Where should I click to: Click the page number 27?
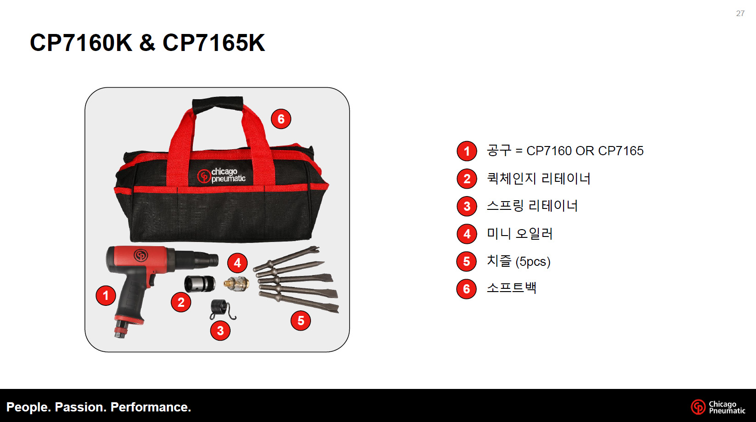click(740, 13)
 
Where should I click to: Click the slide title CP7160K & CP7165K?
click(147, 43)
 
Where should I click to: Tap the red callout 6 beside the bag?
click(281, 119)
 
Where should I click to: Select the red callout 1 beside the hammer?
click(106, 296)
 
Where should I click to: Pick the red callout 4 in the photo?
click(237, 263)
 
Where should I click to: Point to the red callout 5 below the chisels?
click(300, 321)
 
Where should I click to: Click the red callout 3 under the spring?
click(220, 331)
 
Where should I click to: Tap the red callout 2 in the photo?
click(181, 302)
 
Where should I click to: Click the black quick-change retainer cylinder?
click(200, 284)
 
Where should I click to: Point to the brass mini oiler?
click(237, 283)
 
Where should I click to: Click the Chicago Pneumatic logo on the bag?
click(221, 175)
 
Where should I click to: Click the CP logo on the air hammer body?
click(141, 255)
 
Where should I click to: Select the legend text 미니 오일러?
click(519, 233)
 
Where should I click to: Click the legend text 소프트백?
click(511, 288)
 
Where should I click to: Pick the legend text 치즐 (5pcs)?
click(519, 261)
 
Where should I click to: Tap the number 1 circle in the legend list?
click(467, 151)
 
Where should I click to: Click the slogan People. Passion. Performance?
click(99, 407)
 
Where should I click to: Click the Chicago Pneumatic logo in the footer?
click(718, 407)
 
